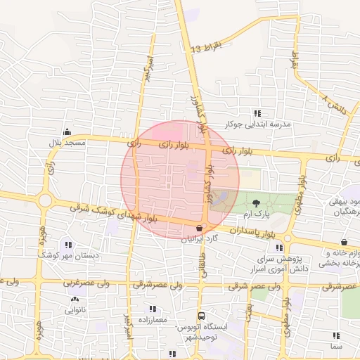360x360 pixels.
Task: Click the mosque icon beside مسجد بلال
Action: pos(67,131)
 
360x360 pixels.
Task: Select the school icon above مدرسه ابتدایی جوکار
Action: pos(257,113)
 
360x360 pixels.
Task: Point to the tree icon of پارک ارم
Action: pos(255,202)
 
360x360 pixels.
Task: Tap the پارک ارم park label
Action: pos(257,212)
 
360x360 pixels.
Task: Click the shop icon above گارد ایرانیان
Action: pos(200,229)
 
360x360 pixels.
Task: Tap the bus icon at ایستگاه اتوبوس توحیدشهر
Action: pos(202,316)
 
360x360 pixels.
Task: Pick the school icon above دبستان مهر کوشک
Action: pos(67,245)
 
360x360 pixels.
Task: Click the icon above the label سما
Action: pos(335,335)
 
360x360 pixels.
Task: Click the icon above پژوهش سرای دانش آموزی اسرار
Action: pos(281,247)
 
